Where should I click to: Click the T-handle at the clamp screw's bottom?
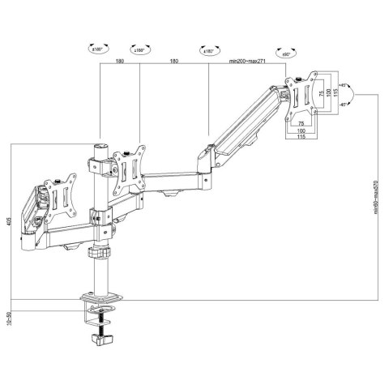(105, 346)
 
